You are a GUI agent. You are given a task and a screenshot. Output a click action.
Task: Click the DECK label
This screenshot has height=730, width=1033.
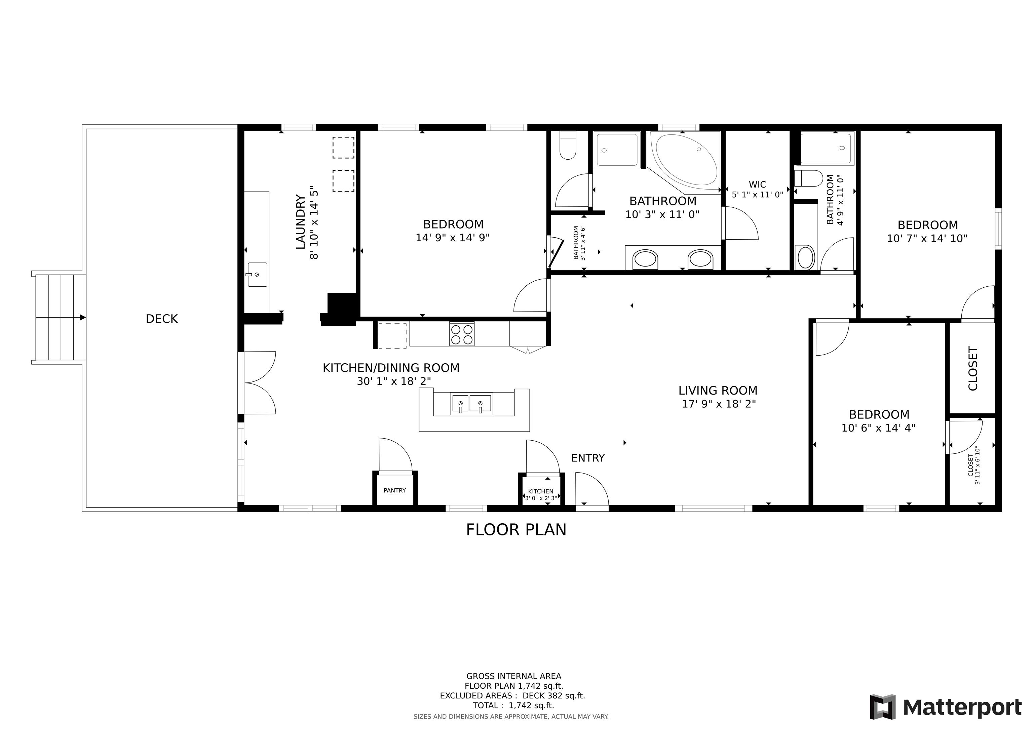[162, 319]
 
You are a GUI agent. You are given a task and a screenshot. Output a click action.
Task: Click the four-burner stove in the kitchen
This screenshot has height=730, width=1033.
[462, 334]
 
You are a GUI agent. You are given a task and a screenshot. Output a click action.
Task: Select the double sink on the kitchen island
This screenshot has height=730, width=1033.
[471, 403]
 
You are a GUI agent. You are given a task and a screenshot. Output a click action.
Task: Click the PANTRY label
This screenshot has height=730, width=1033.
[394, 490]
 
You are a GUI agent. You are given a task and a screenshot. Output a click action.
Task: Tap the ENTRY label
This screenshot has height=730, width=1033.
[588, 458]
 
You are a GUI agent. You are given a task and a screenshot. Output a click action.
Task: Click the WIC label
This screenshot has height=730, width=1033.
[758, 185]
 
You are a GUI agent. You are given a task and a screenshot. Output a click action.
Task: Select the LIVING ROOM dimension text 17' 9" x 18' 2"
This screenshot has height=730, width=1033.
[719, 404]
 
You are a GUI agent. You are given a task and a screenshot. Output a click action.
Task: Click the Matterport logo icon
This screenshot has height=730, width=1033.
[883, 707]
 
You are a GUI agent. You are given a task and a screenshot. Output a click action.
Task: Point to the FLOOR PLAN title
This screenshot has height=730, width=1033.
[516, 529]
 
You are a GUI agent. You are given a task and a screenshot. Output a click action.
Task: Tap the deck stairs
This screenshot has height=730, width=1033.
[59, 318]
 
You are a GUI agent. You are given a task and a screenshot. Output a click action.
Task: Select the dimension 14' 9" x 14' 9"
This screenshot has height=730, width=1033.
[453, 238]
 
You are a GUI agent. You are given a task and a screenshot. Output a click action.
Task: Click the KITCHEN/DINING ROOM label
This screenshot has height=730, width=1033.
[391, 368]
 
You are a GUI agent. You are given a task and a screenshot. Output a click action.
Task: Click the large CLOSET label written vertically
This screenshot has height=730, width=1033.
[973, 368]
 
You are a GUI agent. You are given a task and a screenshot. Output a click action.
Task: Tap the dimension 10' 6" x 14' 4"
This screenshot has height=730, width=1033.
[879, 428]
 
